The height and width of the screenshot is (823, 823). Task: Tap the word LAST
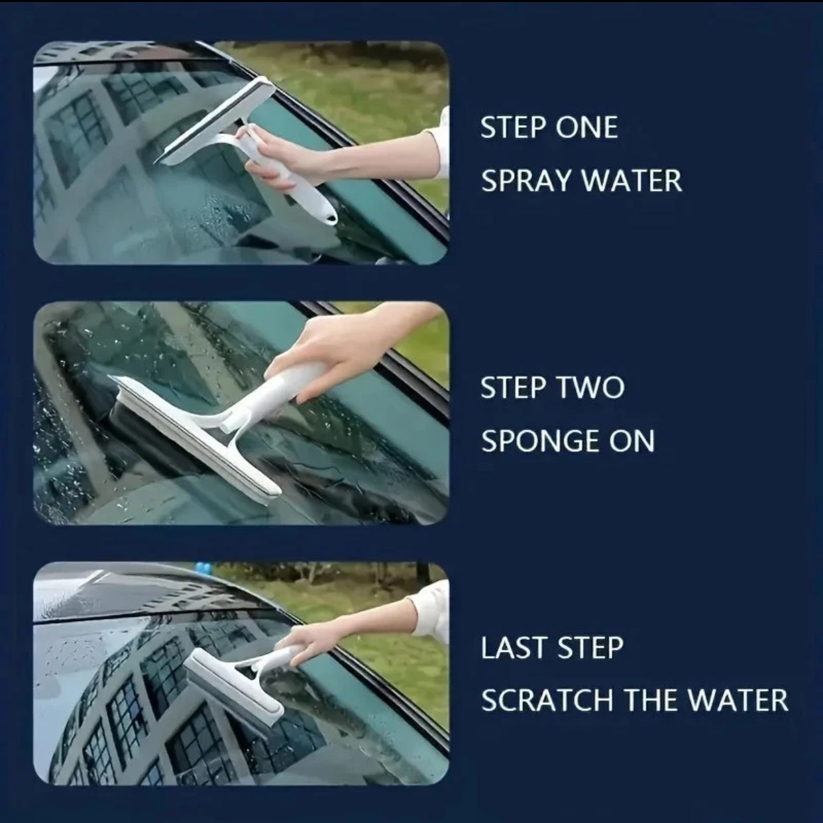tap(511, 647)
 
